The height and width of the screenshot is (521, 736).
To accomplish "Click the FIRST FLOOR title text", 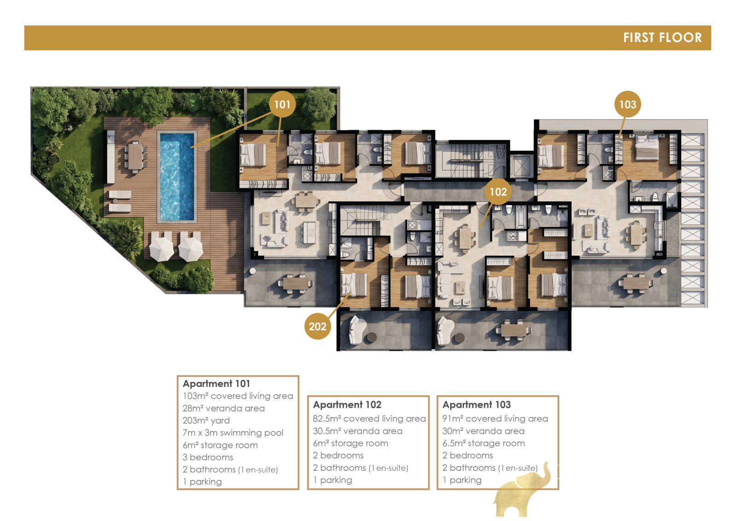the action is pyautogui.click(x=662, y=37).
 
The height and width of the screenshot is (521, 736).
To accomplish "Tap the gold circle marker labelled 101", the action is pyautogui.click(x=282, y=104).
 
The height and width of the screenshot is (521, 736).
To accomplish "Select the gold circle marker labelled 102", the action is pyautogui.click(x=498, y=192).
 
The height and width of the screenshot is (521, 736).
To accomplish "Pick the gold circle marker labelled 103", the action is pyautogui.click(x=627, y=104).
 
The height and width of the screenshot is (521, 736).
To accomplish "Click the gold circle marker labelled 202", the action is pyautogui.click(x=318, y=326).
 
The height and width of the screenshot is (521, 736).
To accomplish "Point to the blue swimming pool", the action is pyautogui.click(x=177, y=176).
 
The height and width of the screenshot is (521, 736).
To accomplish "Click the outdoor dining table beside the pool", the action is pyautogui.click(x=135, y=157).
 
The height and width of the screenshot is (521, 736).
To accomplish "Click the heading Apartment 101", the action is pyautogui.click(x=216, y=384).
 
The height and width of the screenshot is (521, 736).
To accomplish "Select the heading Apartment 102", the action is pyautogui.click(x=347, y=404).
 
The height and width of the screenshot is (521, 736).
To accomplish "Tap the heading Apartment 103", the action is pyautogui.click(x=476, y=404).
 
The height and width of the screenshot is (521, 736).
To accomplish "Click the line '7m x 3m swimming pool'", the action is pyautogui.click(x=233, y=433).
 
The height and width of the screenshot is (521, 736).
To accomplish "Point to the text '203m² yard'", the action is pyautogui.click(x=206, y=421).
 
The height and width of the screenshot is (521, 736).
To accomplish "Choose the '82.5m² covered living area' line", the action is pyautogui.click(x=369, y=418).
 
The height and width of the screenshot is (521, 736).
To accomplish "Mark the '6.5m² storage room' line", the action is pyautogui.click(x=484, y=443).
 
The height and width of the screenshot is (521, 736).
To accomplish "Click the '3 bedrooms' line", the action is pyautogui.click(x=208, y=457).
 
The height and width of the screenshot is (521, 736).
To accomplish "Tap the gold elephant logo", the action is pyautogui.click(x=522, y=490).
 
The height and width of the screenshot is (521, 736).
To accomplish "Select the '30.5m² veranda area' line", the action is pyautogui.click(x=358, y=431).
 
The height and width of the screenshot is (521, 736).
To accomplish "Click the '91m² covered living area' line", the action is pyautogui.click(x=495, y=418).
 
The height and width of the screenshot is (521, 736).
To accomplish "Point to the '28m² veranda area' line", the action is pyautogui.click(x=223, y=408).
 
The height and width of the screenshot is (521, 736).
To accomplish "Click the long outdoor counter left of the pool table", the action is pyautogui.click(x=111, y=157).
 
